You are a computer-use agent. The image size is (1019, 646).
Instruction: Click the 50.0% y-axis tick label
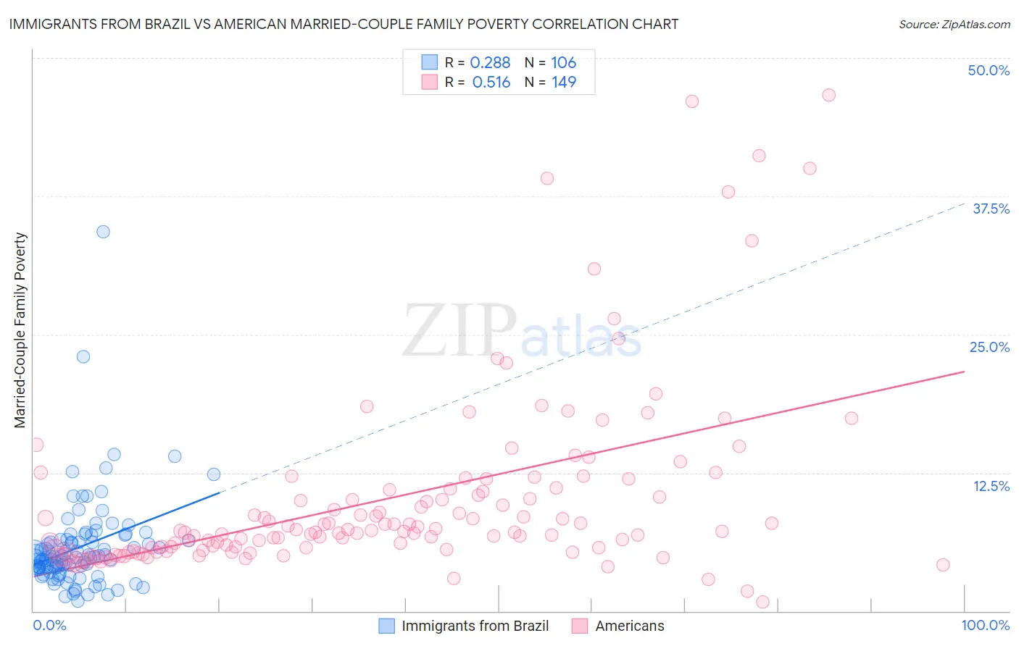(x=989, y=70)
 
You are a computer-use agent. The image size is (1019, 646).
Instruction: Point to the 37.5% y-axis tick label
(x=991, y=209)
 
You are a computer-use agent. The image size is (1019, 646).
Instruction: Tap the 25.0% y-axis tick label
(x=989, y=347)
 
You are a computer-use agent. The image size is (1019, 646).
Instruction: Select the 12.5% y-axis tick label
(x=991, y=486)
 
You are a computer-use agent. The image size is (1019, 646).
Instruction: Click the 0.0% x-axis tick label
(x=49, y=625)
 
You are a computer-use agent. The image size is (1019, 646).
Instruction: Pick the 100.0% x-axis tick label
(x=985, y=625)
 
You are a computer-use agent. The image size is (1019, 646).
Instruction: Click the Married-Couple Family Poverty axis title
(x=20, y=330)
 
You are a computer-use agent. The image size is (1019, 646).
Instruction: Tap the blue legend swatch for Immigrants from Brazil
(x=387, y=626)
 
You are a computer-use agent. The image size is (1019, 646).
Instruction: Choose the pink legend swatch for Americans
(x=579, y=626)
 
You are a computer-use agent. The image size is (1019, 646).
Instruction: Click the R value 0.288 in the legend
(x=491, y=63)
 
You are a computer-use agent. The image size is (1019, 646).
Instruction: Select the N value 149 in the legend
(x=564, y=83)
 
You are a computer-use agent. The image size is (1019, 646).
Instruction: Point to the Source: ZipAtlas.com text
(x=954, y=25)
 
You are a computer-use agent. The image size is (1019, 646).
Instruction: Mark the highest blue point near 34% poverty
(x=103, y=232)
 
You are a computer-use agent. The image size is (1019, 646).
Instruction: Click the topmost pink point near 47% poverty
(x=828, y=95)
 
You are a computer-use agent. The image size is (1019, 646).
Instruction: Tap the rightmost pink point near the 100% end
(x=943, y=565)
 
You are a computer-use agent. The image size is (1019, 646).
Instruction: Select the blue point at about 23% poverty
(x=83, y=356)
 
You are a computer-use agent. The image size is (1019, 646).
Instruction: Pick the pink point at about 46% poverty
(x=692, y=101)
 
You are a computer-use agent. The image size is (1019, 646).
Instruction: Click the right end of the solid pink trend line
(x=964, y=372)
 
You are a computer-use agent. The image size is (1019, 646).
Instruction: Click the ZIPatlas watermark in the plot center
(x=522, y=331)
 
